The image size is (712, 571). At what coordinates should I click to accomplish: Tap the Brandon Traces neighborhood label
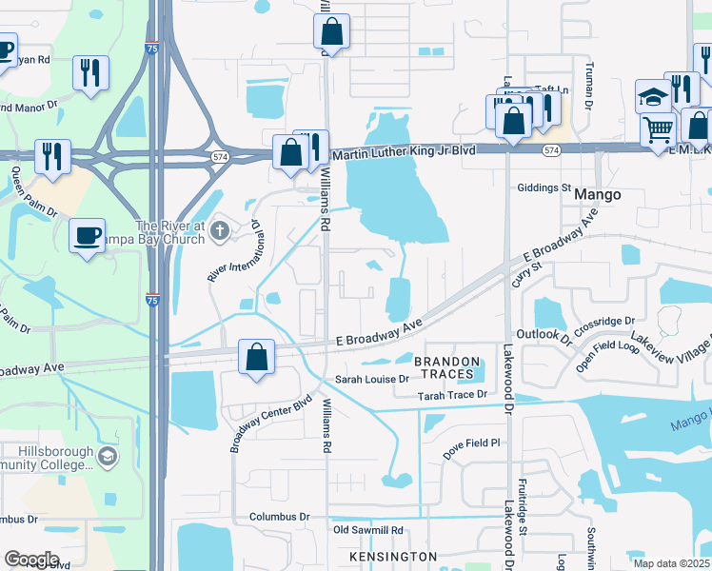445,367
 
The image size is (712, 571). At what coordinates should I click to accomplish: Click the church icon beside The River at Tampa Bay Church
220,228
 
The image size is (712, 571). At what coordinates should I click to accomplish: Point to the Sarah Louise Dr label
371,380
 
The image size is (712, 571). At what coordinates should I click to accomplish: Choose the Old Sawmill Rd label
367,530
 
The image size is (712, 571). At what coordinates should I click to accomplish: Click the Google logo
31,560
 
